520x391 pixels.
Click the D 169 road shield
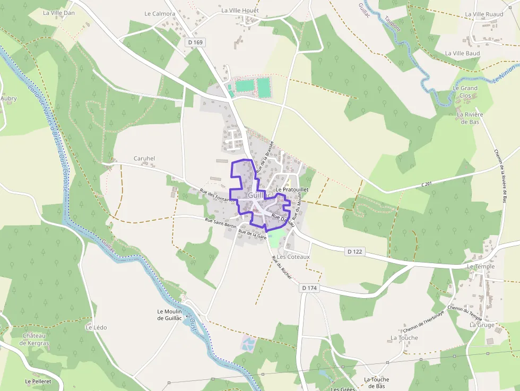pos(195,42)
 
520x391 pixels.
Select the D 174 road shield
pos(310,288)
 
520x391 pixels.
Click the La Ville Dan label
pos(59,13)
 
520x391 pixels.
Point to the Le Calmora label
pos(160,14)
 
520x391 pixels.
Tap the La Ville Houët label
pos(240,10)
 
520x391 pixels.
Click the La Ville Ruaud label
pos(483,14)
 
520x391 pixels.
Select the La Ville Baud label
pos(462,54)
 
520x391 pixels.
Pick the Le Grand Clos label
pos(465,92)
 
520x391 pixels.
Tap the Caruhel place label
pos(144,158)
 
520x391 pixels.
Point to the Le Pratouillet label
pos(292,189)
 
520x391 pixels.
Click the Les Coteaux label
pos(293,257)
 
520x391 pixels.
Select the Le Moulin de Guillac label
pos(170,315)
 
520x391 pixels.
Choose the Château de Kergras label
pos(34,339)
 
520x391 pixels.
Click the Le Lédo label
pos(96,327)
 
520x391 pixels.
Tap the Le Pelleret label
pos(38,381)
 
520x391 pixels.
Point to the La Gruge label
pos(482,325)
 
